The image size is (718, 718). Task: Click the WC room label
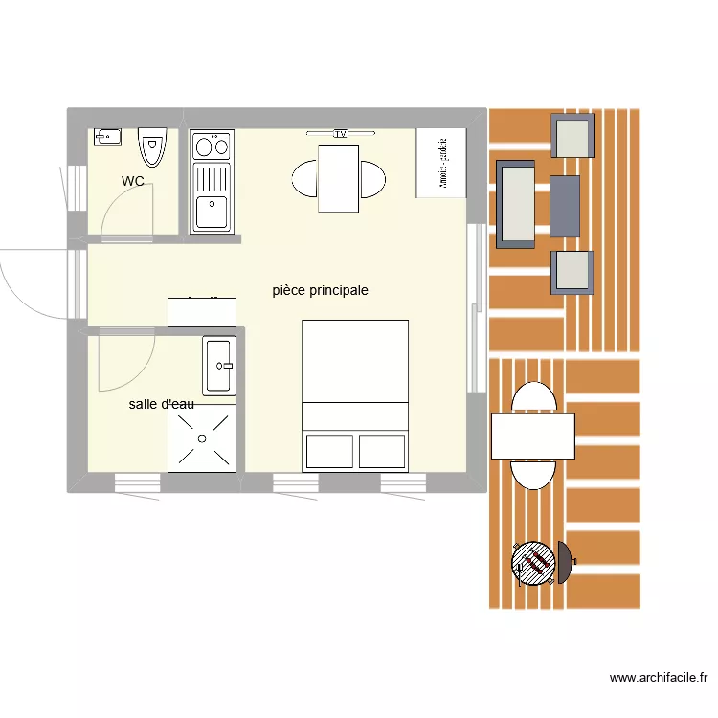[x=133, y=181]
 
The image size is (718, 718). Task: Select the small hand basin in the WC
[x=108, y=136]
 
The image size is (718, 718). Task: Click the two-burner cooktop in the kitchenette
[x=212, y=146]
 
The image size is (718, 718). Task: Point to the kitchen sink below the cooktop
[x=212, y=208]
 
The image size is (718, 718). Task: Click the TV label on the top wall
[x=340, y=134]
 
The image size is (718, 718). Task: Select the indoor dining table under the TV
[x=338, y=178]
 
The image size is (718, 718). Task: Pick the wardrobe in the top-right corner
[x=441, y=163]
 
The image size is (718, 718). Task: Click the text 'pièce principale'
[x=320, y=290]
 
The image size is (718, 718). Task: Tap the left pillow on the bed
[x=328, y=450]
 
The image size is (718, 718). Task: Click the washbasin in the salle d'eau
[x=219, y=365]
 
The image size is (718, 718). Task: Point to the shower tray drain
[x=202, y=438]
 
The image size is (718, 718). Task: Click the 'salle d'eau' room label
[x=162, y=404]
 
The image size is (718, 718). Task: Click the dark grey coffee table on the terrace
[x=565, y=205]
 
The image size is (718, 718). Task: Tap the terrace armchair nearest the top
[x=572, y=135]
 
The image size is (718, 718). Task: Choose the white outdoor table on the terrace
[x=532, y=436]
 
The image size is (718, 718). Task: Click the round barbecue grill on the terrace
[x=534, y=562]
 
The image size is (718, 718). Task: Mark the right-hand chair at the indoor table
[x=372, y=178]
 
